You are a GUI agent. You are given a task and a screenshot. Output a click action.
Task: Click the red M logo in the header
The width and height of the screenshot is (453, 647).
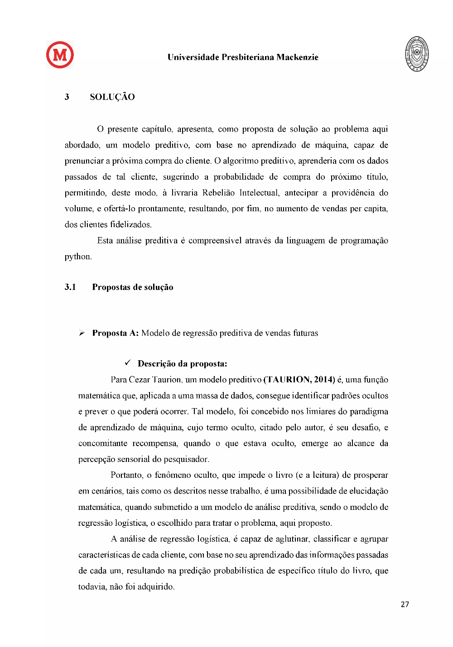[x=60, y=55]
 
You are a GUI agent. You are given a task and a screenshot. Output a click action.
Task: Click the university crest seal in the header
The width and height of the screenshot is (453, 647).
[x=417, y=54]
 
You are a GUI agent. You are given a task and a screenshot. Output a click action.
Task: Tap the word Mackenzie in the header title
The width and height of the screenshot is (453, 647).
[x=297, y=57]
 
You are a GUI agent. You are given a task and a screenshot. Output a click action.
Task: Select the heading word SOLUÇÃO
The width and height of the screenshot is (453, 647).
[x=112, y=97]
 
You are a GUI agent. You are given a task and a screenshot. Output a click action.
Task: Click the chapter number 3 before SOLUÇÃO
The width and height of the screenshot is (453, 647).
[x=67, y=97]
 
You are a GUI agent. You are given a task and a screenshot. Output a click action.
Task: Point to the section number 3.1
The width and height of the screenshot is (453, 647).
[x=70, y=287]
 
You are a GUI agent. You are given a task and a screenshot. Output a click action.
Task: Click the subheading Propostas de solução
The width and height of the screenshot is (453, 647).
[x=133, y=287]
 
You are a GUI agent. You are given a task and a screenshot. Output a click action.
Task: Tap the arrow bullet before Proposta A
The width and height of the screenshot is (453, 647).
[x=82, y=333]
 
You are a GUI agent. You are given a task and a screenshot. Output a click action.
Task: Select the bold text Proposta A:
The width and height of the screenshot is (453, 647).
[x=115, y=333]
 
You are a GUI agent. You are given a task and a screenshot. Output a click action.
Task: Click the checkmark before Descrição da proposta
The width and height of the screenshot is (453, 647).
[x=128, y=363]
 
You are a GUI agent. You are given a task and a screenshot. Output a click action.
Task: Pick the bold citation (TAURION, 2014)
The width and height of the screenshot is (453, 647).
[x=299, y=380]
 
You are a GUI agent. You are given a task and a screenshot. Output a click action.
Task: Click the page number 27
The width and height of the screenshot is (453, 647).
[x=405, y=604]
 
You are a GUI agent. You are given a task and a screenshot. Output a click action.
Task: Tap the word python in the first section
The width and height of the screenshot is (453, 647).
[x=77, y=257]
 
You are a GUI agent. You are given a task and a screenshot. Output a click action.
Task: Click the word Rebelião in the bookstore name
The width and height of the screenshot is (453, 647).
[x=218, y=193]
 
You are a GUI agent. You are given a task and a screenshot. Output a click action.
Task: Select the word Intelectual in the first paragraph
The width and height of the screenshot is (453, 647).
[x=259, y=193]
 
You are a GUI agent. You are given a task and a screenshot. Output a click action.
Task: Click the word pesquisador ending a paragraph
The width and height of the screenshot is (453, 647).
[x=186, y=459]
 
